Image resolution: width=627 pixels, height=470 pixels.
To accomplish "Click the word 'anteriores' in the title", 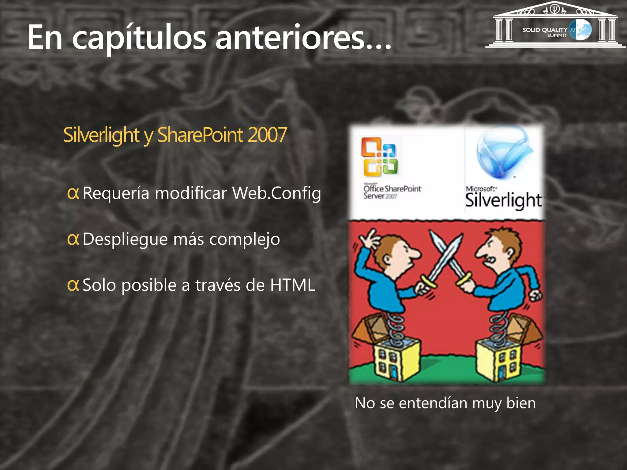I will (291, 37).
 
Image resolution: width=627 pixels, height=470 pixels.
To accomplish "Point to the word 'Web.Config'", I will (276, 193).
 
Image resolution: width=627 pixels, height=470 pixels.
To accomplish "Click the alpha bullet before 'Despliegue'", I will (73, 239).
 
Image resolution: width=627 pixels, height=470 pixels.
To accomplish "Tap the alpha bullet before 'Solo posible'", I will (73, 285).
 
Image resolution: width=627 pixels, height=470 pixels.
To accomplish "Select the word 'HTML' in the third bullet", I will (292, 285).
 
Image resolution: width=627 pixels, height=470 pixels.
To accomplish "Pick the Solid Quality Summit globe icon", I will (580, 30).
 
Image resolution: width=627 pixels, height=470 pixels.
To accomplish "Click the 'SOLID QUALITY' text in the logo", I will (545, 30).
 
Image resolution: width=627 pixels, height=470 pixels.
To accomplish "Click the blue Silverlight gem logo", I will (504, 153).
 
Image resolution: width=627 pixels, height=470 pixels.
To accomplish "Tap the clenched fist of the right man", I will (535, 295).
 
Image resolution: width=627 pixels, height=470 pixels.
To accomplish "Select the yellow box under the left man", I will (395, 361).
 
